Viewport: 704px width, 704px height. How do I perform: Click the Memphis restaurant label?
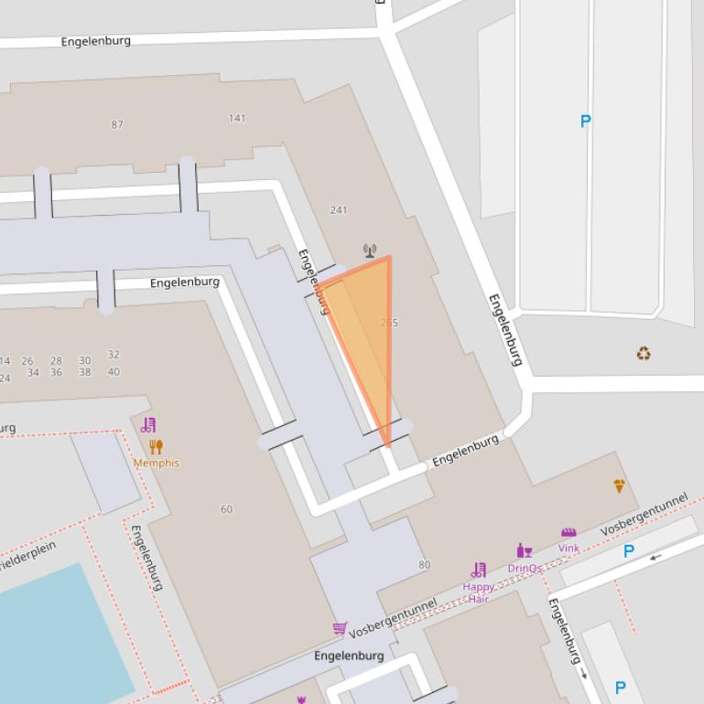[156, 463]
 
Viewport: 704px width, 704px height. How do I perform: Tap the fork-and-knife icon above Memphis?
[156, 447]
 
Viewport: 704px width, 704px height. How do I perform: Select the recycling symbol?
[644, 353]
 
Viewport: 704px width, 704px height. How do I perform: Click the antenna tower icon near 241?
[370, 251]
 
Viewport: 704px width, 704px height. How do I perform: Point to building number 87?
[117, 124]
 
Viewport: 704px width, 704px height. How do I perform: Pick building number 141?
[237, 118]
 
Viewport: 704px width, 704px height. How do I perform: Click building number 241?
[339, 210]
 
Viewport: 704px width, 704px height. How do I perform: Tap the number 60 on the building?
[226, 509]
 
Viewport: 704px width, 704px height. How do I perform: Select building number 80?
[424, 565]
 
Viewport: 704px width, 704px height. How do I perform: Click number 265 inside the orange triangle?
[389, 323]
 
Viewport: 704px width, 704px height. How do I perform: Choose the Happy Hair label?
[478, 592]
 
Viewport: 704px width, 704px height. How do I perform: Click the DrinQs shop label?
[525, 568]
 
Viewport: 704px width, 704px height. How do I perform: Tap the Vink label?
[569, 549]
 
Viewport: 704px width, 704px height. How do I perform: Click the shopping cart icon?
[340, 628]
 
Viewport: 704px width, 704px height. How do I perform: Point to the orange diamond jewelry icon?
[619, 486]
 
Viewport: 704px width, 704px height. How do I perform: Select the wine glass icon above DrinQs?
[525, 550]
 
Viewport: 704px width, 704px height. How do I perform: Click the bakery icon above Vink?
[569, 533]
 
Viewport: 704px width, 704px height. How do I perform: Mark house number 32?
[114, 355]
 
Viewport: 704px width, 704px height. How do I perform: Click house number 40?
[114, 372]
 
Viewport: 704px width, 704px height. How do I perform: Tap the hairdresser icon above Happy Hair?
[478, 571]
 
